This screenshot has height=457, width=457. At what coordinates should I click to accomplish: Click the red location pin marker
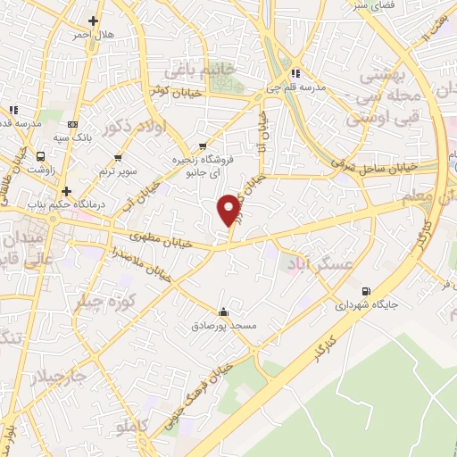[228, 209]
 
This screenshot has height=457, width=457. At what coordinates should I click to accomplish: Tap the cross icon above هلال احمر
[94, 20]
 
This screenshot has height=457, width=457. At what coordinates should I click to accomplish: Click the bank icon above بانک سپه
[72, 124]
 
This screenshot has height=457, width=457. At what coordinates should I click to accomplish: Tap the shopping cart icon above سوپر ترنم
[117, 158]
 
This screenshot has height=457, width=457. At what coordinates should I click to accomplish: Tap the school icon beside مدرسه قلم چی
[296, 74]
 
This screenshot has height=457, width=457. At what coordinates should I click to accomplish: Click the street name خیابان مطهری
[161, 237]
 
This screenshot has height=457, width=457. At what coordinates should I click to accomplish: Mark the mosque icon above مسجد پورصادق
[223, 312]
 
